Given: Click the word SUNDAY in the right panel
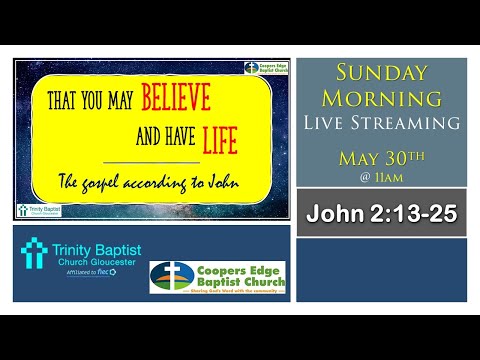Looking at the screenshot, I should coord(382,74).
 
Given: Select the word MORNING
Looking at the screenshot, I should coord(381,98).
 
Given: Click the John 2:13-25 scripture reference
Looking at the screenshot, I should coord(382,213).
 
